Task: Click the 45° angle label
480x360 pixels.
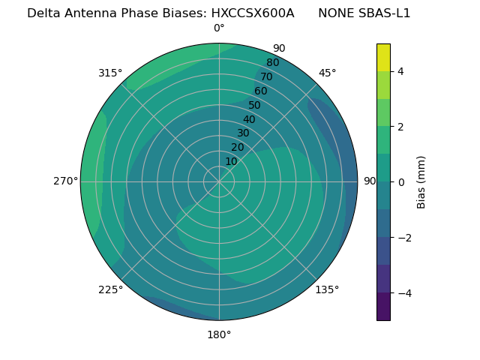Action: (328, 73)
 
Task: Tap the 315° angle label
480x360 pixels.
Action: (110, 73)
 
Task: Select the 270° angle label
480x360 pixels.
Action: (65, 181)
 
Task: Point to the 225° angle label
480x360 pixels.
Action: (110, 290)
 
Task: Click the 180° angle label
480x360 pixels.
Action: (219, 334)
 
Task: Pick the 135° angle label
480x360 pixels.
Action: (327, 290)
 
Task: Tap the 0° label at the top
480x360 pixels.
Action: (219, 28)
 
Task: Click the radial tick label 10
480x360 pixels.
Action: (231, 161)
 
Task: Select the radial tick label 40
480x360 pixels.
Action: (249, 120)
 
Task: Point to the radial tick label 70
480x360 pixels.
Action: (266, 77)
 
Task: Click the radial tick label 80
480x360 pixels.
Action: (272, 63)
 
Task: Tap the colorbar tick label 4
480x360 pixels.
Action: (401, 71)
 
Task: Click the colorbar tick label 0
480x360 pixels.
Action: (401, 182)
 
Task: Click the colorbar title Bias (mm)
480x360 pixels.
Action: (421, 182)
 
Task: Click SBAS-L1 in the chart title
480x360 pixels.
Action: (385, 13)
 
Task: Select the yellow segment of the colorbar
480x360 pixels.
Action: (383, 57)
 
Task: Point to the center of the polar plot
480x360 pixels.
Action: (219, 181)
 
